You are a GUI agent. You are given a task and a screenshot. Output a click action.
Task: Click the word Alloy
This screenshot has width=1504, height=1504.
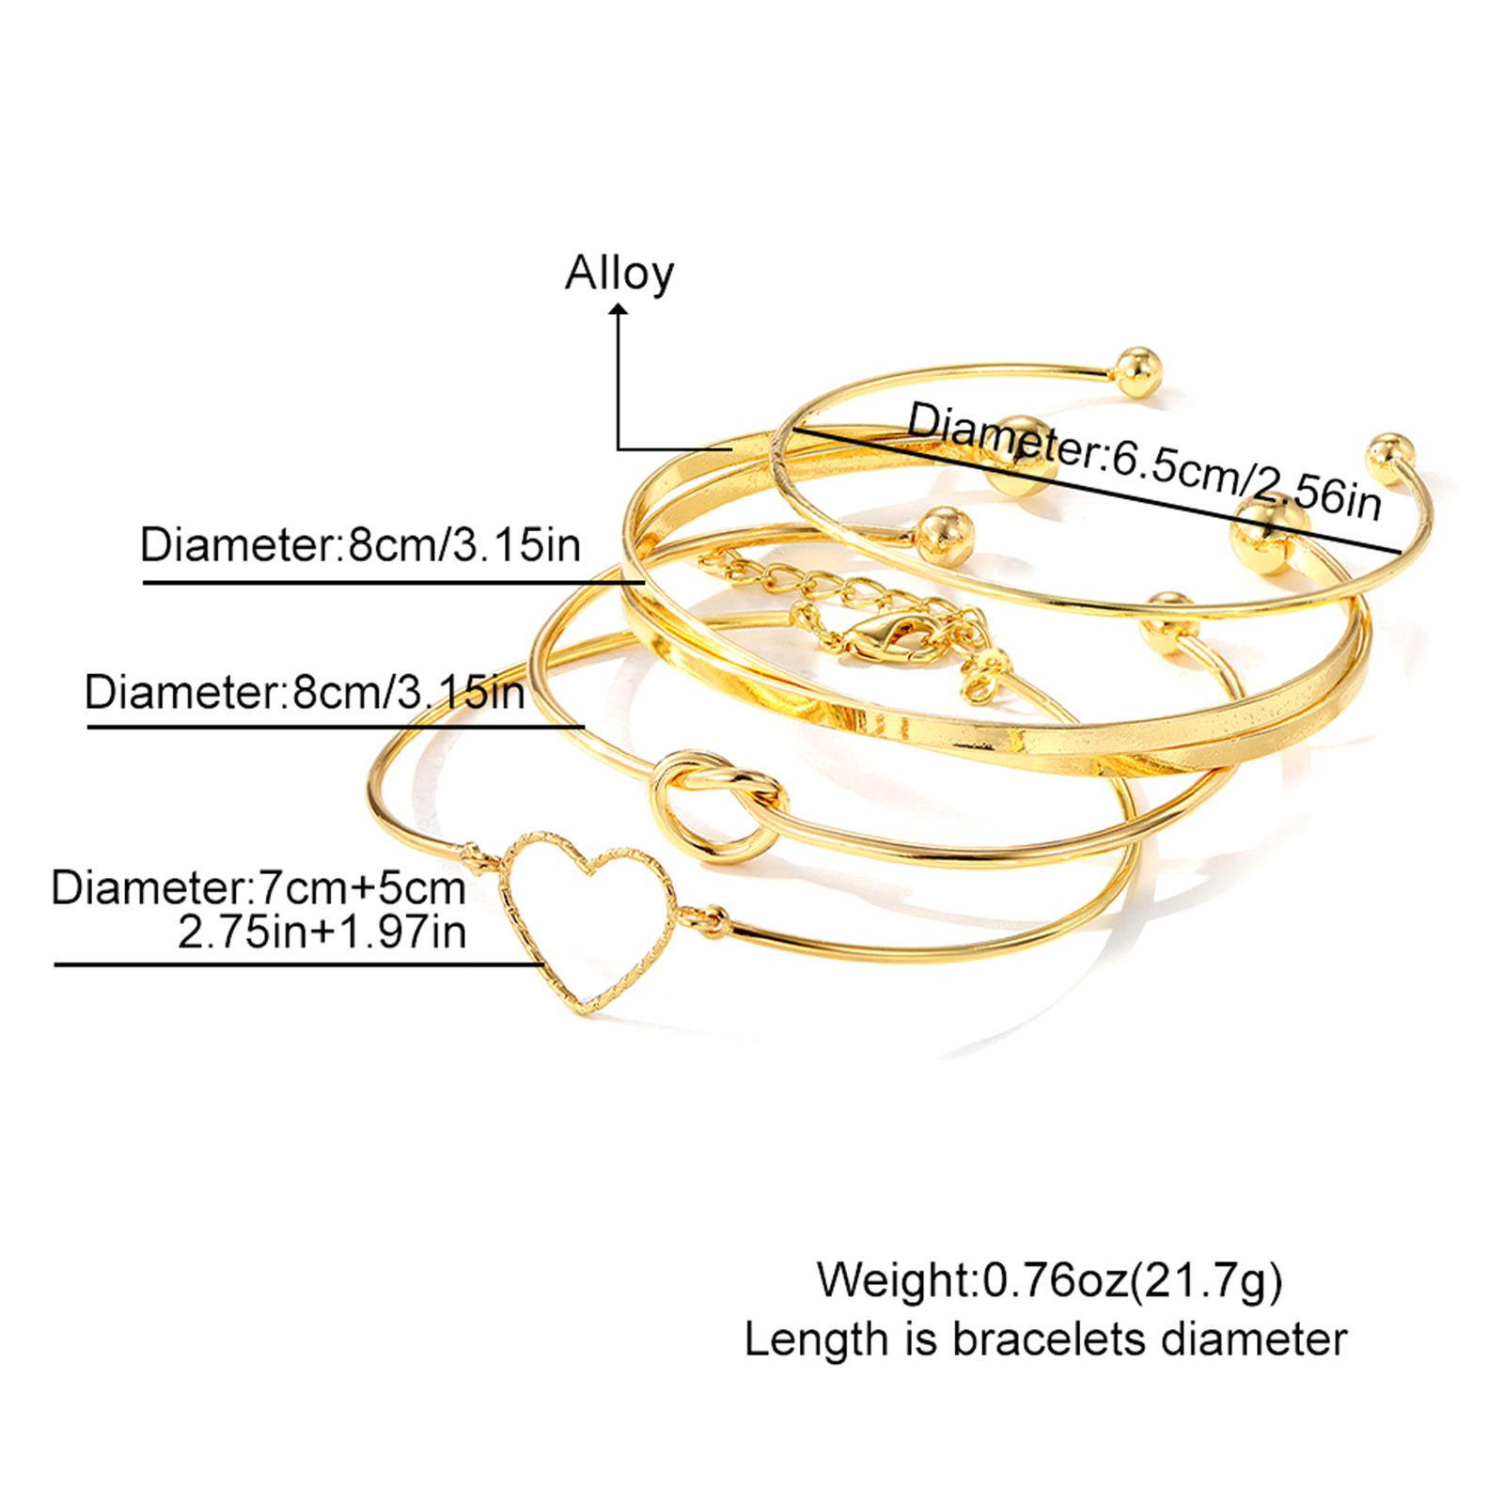[x=619, y=274]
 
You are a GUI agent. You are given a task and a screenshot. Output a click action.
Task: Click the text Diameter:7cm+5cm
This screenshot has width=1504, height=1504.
[x=258, y=888]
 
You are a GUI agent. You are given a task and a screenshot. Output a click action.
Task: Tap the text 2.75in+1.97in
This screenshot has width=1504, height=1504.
[x=322, y=932]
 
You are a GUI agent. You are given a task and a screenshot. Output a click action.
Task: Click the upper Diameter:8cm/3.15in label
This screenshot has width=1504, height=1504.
[x=360, y=545]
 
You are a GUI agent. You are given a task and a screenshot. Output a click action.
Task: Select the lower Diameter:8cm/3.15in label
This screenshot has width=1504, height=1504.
[x=305, y=693]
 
